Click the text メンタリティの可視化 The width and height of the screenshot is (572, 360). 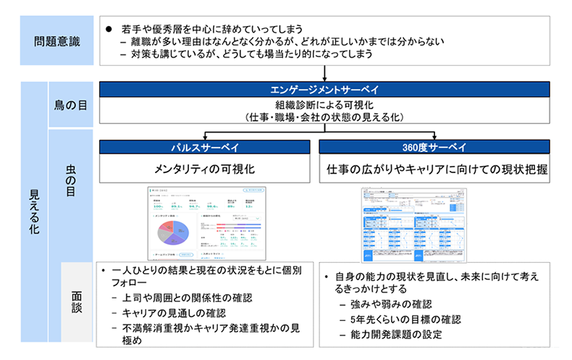206,169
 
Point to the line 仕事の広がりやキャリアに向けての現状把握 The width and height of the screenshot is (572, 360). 436,169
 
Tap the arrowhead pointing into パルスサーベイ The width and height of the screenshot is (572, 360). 206,136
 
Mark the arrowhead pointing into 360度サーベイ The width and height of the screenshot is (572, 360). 436,136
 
